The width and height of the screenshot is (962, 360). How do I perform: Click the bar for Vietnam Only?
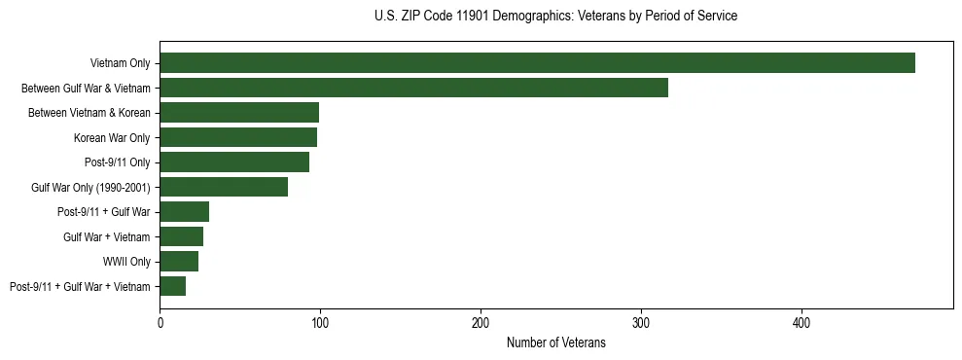pos(537,63)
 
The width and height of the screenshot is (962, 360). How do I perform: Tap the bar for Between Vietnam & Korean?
pos(239,113)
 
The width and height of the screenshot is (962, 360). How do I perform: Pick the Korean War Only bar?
pos(238,137)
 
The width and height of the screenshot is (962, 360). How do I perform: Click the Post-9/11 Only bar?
pos(234,162)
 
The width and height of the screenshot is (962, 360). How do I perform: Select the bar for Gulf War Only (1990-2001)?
pos(224,187)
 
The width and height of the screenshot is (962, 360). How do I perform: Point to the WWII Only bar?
pos(179,262)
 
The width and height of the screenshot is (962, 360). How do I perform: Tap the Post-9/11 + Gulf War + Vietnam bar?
pos(172,286)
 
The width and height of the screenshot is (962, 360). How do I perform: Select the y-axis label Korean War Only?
pos(112,138)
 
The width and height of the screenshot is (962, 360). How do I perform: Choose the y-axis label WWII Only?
pos(126,262)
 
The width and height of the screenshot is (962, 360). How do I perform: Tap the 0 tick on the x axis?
pos(160,322)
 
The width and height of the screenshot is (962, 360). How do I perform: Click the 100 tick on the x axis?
pos(320,322)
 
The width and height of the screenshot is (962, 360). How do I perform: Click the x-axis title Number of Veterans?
pos(555,342)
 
